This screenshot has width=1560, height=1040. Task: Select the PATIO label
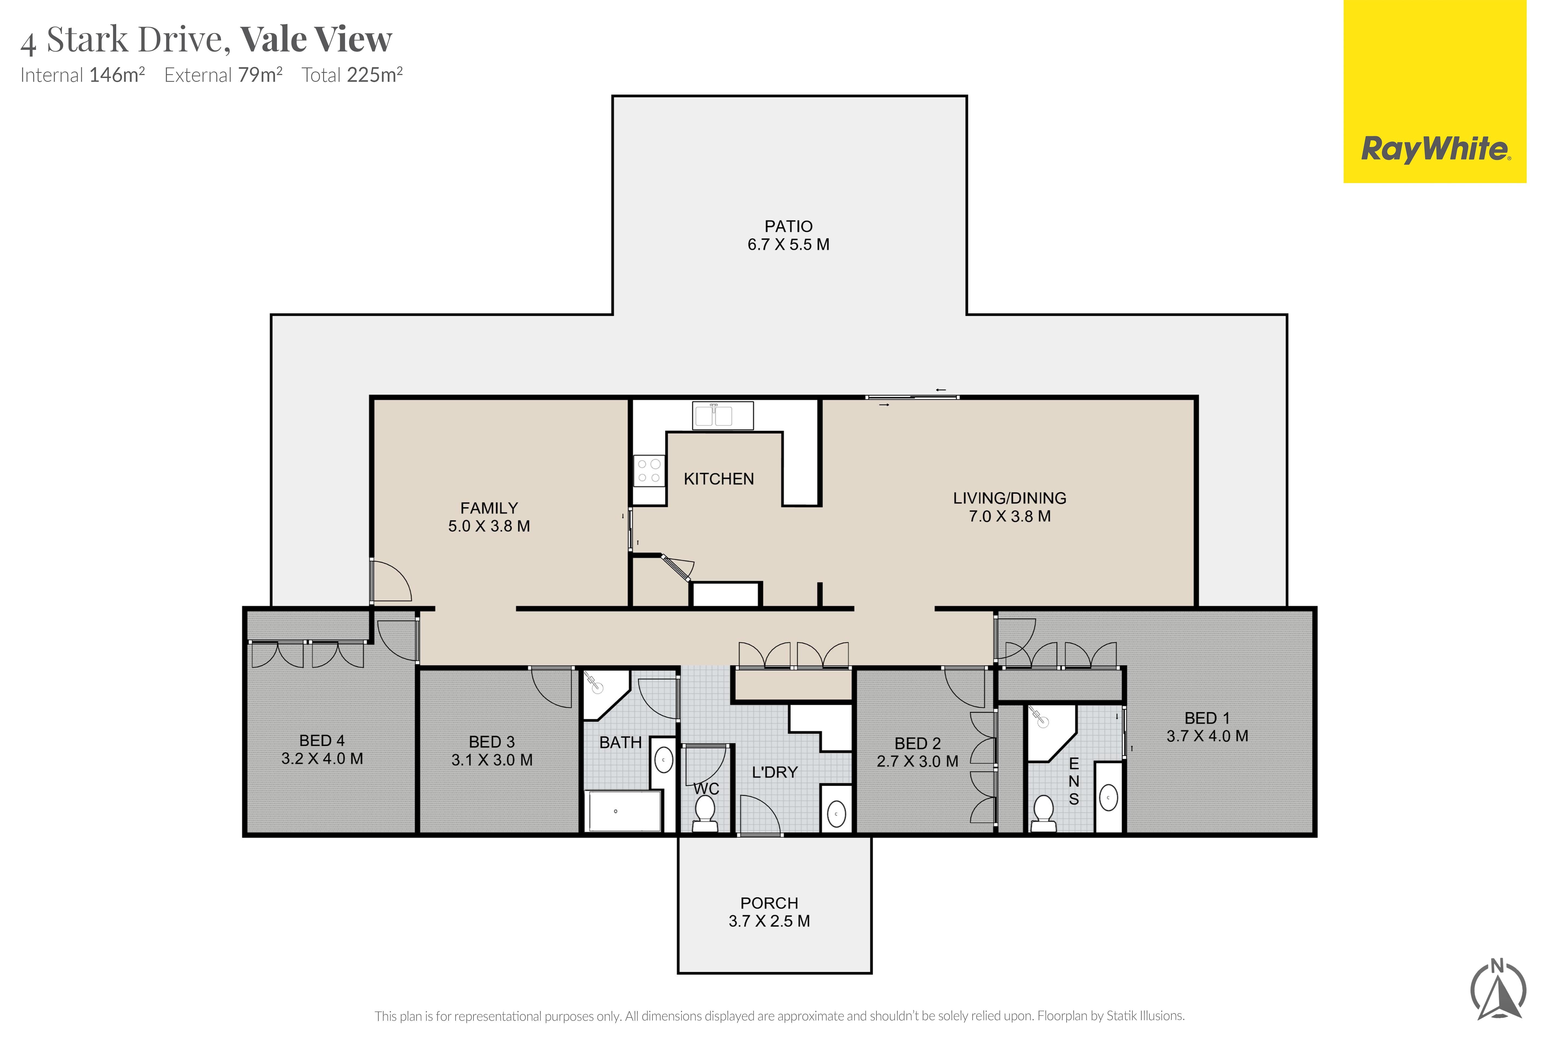click(x=789, y=226)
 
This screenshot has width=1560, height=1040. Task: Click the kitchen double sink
click(x=723, y=415)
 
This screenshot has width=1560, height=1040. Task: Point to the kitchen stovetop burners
click(x=649, y=470)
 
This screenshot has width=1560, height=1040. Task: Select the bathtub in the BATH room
click(x=624, y=811)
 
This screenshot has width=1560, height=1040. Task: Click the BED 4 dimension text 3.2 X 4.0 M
click(x=322, y=759)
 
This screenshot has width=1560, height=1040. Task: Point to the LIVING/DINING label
click(x=1009, y=498)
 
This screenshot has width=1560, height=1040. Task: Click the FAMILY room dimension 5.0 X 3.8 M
click(x=489, y=526)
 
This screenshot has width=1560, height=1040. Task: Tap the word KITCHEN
click(x=719, y=479)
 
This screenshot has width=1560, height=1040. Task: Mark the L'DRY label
click(x=775, y=772)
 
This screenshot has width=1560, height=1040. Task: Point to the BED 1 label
click(x=1207, y=718)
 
